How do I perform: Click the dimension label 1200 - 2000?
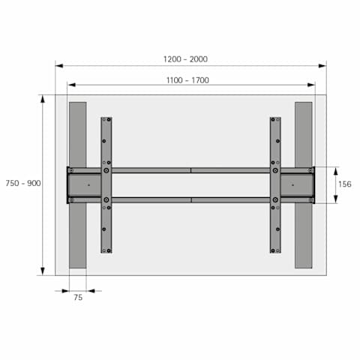click(x=185, y=59)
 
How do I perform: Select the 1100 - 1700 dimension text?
click(x=187, y=80)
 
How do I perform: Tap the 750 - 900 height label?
click(x=23, y=183)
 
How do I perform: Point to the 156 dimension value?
click(x=345, y=184)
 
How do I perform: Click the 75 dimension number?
click(x=78, y=298)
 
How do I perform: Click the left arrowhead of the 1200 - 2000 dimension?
click(x=59, y=66)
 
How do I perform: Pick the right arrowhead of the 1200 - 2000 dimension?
click(x=322, y=66)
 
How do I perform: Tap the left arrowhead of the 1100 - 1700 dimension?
click(x=71, y=85)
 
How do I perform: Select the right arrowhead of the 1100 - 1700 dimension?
click(x=311, y=85)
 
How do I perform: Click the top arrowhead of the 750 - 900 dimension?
click(x=43, y=99)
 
